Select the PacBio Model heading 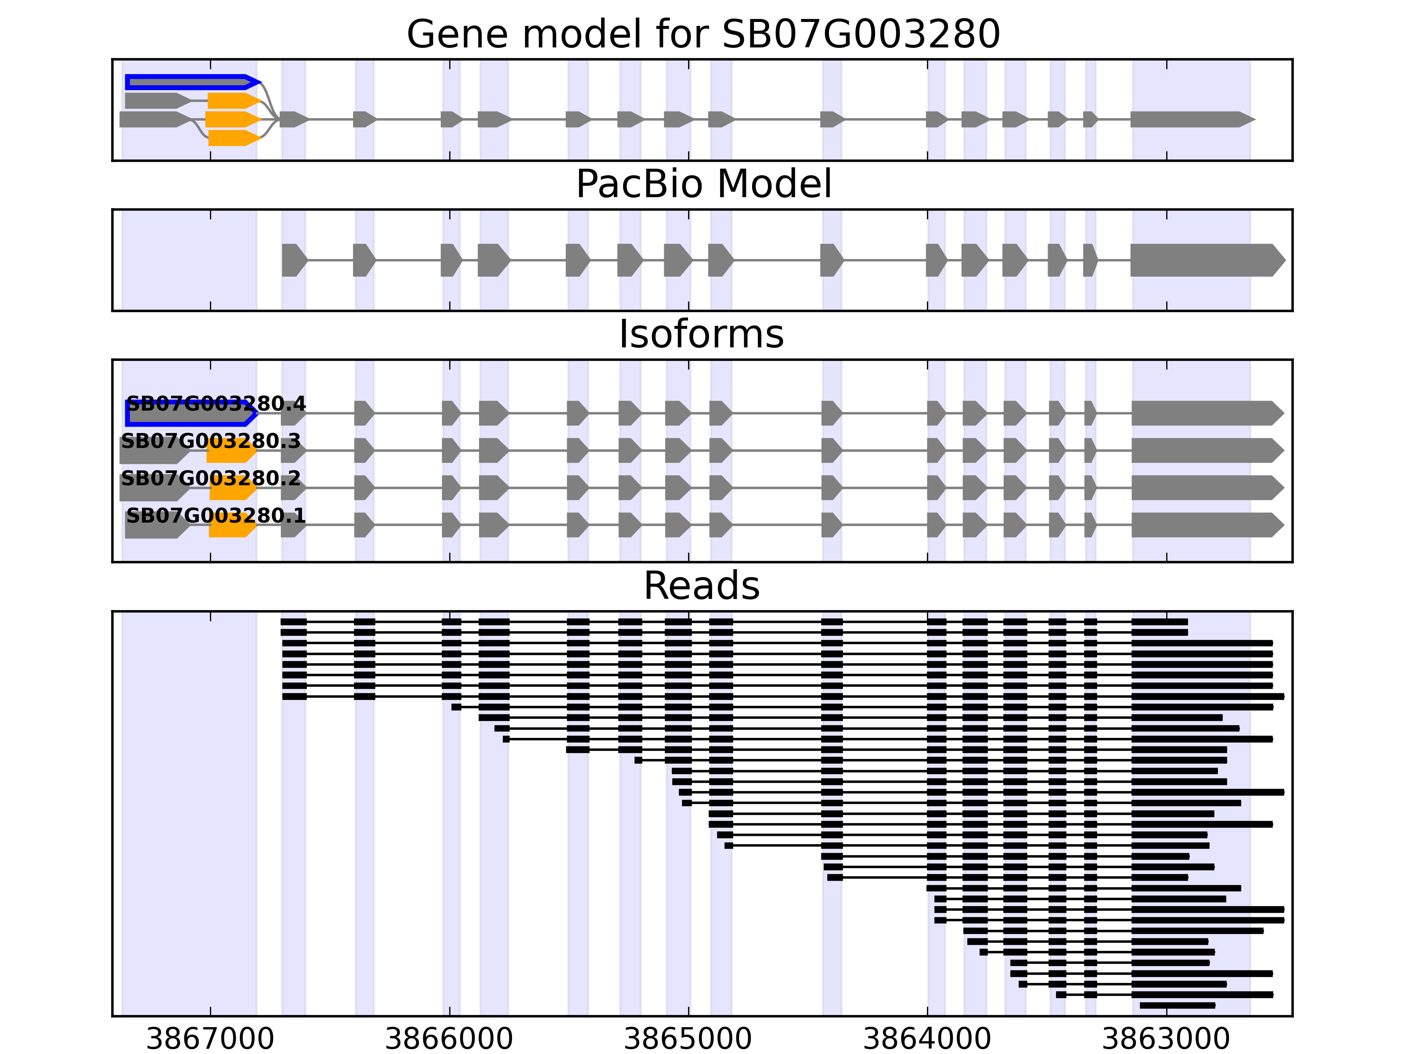(x=702, y=184)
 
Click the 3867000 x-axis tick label (x=210, y=1039)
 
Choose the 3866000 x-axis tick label (x=449, y=1039)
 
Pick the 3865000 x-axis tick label (x=688, y=1039)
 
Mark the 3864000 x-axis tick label (x=927, y=1039)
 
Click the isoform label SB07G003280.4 (x=216, y=404)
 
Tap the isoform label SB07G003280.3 (x=211, y=441)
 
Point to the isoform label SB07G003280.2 (x=211, y=478)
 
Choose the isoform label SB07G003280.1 (x=216, y=515)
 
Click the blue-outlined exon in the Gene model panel (x=191, y=82)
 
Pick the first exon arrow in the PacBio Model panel (x=293, y=260)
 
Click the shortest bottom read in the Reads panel (x=1177, y=1006)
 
